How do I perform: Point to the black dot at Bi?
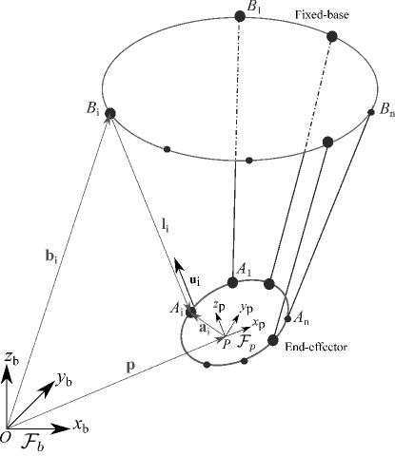[x=110, y=114]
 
